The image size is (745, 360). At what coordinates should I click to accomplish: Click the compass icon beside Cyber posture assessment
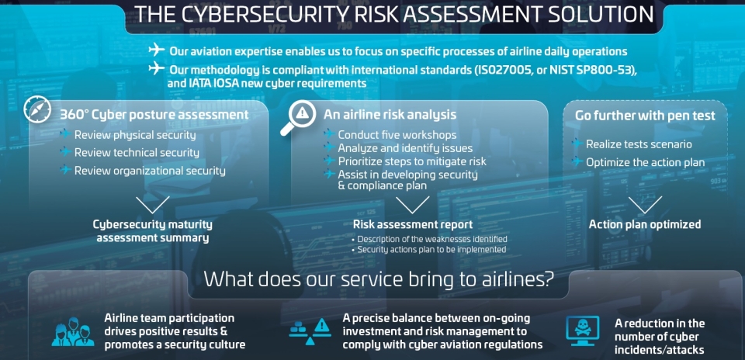[x=37, y=111]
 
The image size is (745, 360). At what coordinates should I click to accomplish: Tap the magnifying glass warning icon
[x=297, y=117]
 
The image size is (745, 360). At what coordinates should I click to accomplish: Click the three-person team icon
[x=70, y=331]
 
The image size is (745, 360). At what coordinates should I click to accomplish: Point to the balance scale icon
[x=310, y=331]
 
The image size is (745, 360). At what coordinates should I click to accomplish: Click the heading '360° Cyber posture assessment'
[x=154, y=115]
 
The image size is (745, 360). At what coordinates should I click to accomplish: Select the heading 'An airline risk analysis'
[x=390, y=115]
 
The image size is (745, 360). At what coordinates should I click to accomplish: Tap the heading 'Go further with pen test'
[x=645, y=116]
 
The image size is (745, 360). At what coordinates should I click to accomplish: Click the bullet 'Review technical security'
[x=137, y=152]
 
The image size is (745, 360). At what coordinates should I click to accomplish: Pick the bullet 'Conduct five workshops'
[x=397, y=135]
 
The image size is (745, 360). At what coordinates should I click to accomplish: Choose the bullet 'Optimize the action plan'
[x=645, y=162]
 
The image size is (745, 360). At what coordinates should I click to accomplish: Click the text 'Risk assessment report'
[x=413, y=224]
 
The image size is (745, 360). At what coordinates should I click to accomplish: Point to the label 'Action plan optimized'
[x=645, y=224]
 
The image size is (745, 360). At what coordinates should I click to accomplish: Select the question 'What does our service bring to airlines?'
[x=378, y=279]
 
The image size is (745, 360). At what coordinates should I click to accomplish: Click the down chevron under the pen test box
[x=645, y=205]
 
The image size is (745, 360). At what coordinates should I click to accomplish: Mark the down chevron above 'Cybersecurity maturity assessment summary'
[x=153, y=205]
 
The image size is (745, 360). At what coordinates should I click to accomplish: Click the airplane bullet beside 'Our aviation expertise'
[x=156, y=50]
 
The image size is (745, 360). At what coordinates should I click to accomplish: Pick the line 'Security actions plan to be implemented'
[x=431, y=249]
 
